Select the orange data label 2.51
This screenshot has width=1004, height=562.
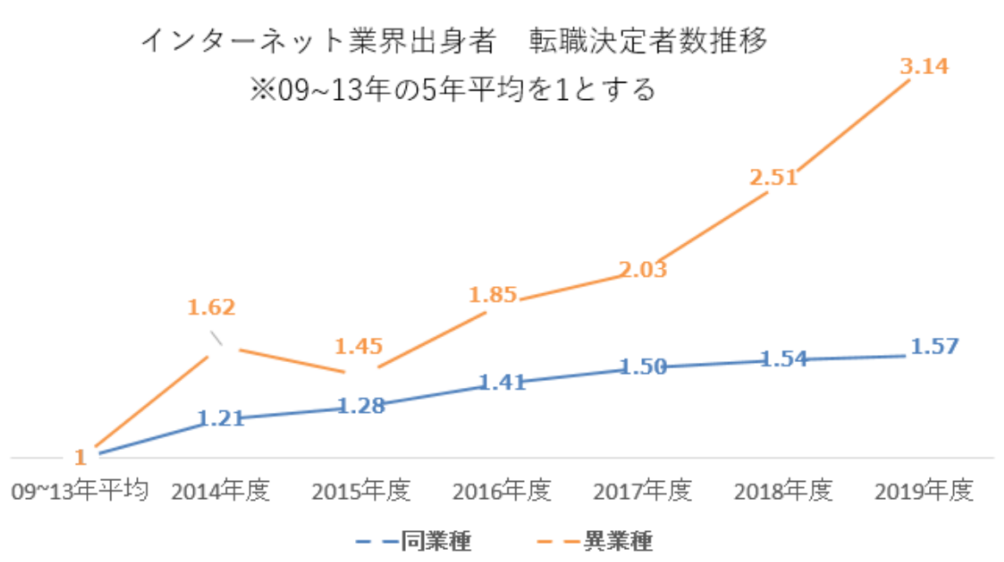(773, 178)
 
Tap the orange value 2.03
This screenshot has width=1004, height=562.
(643, 270)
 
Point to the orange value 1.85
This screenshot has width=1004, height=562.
(493, 295)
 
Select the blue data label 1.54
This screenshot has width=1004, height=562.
(783, 358)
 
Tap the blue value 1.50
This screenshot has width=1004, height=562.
(643, 367)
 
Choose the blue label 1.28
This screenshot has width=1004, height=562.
(361, 405)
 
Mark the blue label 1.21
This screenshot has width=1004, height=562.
(221, 419)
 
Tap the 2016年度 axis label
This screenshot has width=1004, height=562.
(502, 491)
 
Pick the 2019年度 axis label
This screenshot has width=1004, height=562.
(923, 491)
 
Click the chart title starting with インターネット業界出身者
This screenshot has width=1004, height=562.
(453, 41)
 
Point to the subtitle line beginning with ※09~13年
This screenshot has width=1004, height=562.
(453, 89)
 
